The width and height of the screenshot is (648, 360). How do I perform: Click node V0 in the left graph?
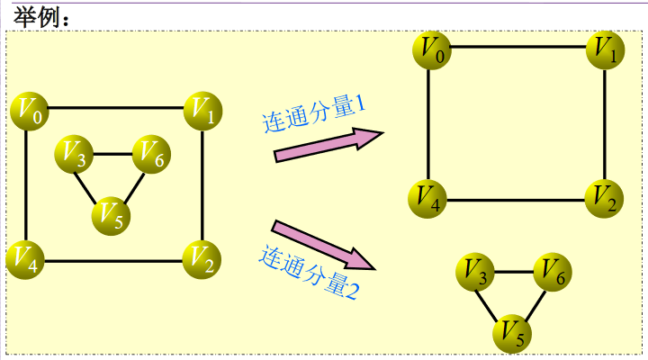coord(26,111)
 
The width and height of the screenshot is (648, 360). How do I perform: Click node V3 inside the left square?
coord(74,156)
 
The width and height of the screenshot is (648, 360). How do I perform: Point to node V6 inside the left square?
coord(151,156)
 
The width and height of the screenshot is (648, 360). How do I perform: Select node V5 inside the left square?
coord(112,214)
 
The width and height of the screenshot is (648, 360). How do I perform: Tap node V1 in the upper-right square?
coord(605,49)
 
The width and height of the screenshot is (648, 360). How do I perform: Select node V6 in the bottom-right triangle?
coord(553,273)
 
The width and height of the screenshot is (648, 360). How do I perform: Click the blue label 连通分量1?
coord(312,115)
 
